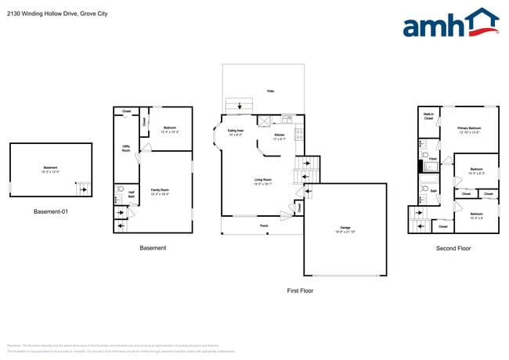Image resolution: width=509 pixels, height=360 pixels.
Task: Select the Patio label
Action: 271,92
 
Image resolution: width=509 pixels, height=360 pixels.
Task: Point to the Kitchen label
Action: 280,137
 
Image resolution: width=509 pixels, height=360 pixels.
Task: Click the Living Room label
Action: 262,182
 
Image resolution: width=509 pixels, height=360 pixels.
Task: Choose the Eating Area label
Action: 235,132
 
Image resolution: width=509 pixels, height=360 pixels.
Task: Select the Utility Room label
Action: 126,148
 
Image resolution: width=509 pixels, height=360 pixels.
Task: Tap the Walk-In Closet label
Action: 428,117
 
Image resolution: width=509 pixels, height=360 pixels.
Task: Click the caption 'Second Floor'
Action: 453,248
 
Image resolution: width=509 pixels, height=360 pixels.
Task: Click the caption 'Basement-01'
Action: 51,211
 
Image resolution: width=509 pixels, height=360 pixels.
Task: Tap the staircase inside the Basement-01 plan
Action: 81,189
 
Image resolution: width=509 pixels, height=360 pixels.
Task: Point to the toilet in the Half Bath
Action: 120,189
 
